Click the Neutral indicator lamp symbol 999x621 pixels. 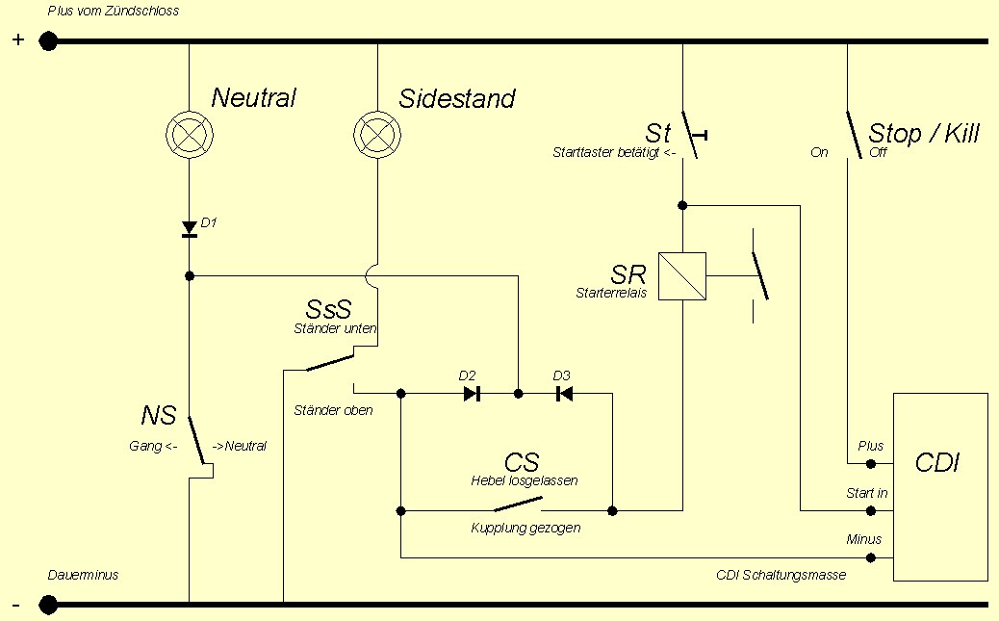pyautogui.click(x=189, y=133)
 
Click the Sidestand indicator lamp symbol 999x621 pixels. pyautogui.click(x=376, y=133)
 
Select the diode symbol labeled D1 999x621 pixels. pyautogui.click(x=190, y=229)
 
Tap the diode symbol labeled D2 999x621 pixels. pyautogui.click(x=472, y=393)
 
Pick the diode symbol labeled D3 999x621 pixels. pyautogui.click(x=564, y=393)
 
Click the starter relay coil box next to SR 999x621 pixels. pyautogui.click(x=682, y=276)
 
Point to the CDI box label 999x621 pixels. pyautogui.click(x=938, y=464)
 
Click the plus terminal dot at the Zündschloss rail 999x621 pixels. pyautogui.click(x=48, y=41)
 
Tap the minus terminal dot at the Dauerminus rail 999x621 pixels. pyautogui.click(x=48, y=605)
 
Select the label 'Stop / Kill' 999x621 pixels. pyautogui.click(x=923, y=133)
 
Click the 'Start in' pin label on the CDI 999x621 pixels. pyautogui.click(x=866, y=493)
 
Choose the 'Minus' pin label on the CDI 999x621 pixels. pyautogui.click(x=863, y=539)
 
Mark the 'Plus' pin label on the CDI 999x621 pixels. pyautogui.click(x=870, y=447)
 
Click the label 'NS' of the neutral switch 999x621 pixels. pyautogui.click(x=159, y=416)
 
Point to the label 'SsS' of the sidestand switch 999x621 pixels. pyautogui.click(x=328, y=310)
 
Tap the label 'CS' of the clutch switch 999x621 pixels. pyautogui.click(x=522, y=461)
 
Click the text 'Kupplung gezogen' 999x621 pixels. pyautogui.click(x=525, y=528)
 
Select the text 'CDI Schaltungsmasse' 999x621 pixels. pyautogui.click(x=781, y=575)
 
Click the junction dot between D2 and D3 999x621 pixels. pyautogui.click(x=518, y=393)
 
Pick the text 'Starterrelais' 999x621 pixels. pyautogui.click(x=611, y=292)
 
